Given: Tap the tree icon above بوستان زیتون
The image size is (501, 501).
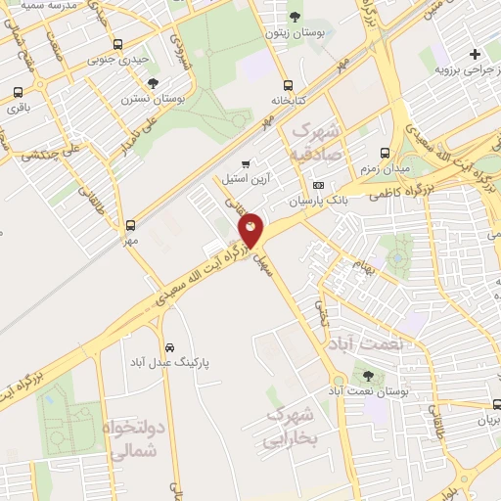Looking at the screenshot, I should (296, 16).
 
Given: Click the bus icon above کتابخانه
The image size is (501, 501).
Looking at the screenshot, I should (287, 84).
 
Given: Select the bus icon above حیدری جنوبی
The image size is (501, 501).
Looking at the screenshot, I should (118, 44).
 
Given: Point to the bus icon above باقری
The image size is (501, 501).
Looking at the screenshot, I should (19, 93).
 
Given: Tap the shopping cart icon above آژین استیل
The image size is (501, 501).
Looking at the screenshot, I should (246, 163).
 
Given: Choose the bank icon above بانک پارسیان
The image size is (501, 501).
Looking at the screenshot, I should (318, 185).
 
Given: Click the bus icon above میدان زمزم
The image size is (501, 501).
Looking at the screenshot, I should (385, 154).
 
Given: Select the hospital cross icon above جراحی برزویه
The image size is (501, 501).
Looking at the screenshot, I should (476, 54).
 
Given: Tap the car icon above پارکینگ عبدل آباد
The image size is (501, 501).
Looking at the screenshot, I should (170, 347).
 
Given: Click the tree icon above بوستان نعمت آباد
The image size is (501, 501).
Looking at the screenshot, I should (368, 376).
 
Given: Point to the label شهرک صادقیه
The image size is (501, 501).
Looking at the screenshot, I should (315, 142).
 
